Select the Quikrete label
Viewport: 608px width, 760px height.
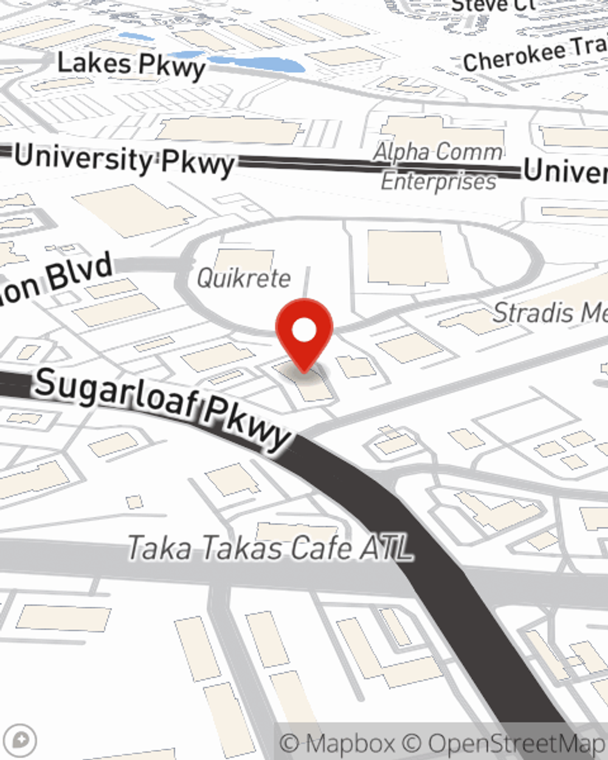(244, 278)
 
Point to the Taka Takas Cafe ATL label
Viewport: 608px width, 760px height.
(270, 548)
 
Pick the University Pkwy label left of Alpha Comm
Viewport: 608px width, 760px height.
(125, 160)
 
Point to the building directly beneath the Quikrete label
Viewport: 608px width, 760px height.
(244, 258)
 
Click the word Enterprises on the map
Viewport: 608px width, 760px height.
(438, 181)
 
